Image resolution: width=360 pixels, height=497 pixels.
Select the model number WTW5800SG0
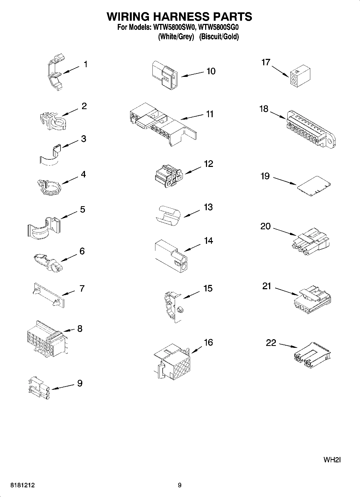pos(218,27)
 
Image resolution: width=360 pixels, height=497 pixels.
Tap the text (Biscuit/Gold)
pos(219,37)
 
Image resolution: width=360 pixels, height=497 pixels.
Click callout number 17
pos(266,62)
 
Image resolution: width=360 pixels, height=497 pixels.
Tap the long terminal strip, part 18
pos(311,128)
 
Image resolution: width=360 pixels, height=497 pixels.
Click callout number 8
pos(80,328)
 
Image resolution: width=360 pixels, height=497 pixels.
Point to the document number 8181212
pos(22,485)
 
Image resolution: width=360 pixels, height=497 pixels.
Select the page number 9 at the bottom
pos(180,485)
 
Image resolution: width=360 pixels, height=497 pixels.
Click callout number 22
pos(271,343)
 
